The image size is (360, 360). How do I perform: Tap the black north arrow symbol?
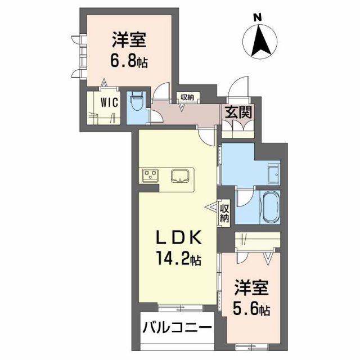(x=260, y=42)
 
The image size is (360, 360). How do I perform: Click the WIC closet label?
(x=109, y=103)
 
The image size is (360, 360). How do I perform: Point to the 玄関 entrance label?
(x=239, y=112)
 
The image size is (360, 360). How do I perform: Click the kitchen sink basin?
(x=181, y=174)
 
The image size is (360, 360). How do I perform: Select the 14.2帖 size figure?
(x=177, y=260)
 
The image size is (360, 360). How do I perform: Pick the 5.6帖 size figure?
(x=251, y=309)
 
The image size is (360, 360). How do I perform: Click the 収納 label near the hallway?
(x=187, y=97)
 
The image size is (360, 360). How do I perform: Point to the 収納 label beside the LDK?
(x=224, y=213)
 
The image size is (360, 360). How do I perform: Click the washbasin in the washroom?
(x=273, y=174)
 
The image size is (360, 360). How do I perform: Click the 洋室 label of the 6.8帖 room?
(x=129, y=40)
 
